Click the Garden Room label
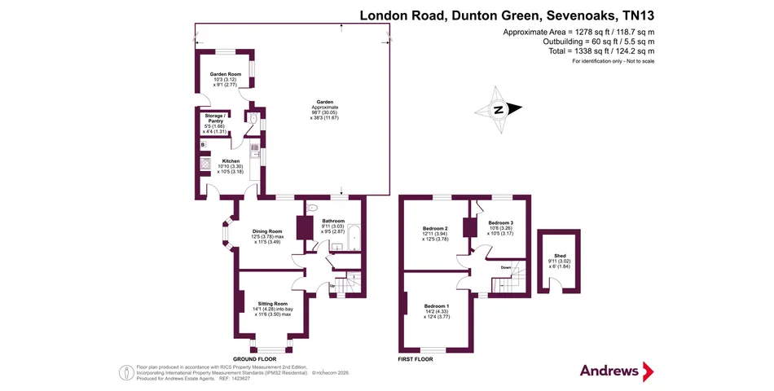pos(225,74)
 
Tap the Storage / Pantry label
pos(215,119)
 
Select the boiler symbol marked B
pos(203,144)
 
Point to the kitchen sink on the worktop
pos(254,150)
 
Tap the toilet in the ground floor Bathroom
pos(313,209)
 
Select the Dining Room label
pos(267,231)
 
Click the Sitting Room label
pos(268,303)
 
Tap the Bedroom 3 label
pos(501,222)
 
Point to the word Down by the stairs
pos(505,267)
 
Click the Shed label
pos(557,256)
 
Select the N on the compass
pos(497,110)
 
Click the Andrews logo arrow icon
pos(648,371)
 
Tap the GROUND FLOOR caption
pos(255,358)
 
